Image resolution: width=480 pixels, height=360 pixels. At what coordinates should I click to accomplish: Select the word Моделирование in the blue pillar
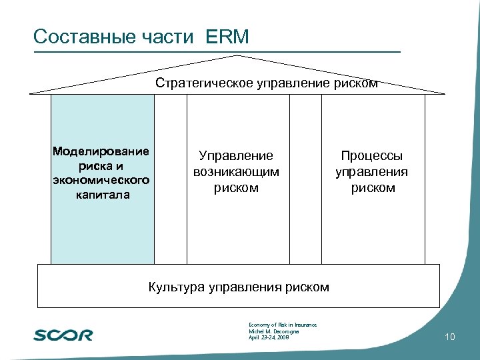101,151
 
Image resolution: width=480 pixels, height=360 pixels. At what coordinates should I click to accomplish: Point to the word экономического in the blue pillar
102,180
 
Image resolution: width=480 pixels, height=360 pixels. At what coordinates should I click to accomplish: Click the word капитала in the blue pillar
102,195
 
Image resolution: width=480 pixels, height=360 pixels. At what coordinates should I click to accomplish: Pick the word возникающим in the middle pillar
236,172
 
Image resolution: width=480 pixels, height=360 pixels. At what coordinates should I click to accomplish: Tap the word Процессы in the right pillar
372,156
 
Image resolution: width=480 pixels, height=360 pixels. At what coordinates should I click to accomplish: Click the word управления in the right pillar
372,172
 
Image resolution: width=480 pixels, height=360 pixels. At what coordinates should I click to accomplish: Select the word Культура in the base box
176,287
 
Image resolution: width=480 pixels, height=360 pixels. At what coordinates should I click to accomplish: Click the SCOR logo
63,335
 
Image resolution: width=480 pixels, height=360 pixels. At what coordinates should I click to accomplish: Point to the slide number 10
449,338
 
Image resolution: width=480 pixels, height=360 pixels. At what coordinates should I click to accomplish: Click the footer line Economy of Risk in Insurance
282,325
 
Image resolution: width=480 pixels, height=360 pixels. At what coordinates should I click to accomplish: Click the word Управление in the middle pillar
236,156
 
